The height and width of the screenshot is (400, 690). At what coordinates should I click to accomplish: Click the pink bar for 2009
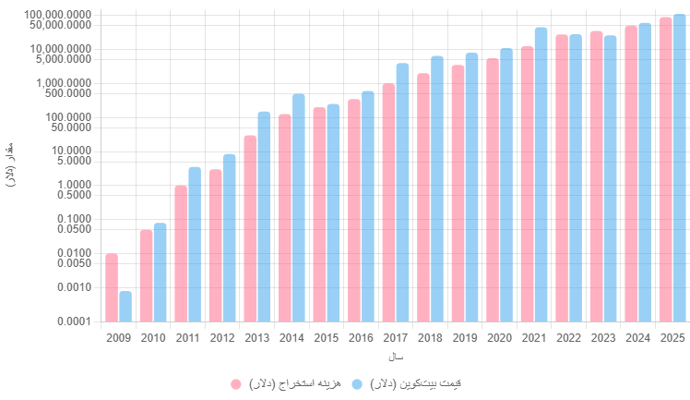click(112, 287)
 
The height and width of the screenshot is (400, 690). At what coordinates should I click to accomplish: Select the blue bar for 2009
click(125, 307)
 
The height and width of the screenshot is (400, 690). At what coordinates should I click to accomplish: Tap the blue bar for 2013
click(264, 217)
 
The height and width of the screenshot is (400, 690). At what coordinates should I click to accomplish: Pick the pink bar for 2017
click(388, 202)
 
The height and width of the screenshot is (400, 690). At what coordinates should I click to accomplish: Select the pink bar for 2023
click(596, 176)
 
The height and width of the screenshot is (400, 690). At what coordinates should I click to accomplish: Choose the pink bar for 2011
click(181, 253)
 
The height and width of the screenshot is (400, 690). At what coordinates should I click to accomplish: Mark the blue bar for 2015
click(333, 212)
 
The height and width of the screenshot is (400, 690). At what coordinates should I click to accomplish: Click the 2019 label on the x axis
click(464, 338)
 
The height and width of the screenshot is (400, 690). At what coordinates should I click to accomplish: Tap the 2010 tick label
click(153, 338)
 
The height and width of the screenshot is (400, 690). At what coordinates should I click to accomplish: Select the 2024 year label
click(637, 338)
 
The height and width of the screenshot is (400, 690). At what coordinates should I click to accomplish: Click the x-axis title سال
click(395, 357)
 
